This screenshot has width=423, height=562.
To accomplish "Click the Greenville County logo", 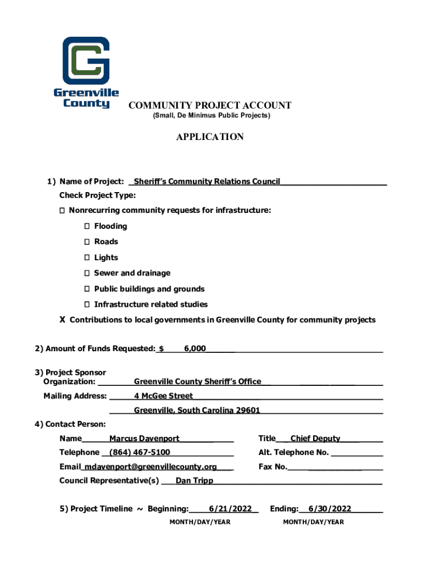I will (86, 71).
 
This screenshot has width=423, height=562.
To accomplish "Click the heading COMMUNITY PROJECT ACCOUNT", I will (210, 105).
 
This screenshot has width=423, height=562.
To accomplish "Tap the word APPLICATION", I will (210, 137).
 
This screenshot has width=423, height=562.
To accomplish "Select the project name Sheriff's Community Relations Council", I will (207, 182).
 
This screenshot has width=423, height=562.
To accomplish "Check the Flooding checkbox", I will (87, 226).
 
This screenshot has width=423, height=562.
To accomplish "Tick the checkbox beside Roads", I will (87, 242).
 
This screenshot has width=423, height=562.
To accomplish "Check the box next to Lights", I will (87, 258).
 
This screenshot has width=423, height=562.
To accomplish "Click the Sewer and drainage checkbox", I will (87, 273).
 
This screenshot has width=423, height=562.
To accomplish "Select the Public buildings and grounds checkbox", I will (87, 289).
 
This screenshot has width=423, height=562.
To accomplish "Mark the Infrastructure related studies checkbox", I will (87, 305).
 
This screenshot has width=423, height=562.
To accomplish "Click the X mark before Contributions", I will (63, 320).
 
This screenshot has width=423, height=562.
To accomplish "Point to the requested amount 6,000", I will (195, 349).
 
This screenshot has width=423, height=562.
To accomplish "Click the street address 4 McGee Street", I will (163, 396).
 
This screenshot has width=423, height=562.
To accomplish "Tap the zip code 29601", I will (248, 411).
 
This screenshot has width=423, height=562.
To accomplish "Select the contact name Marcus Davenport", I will (144, 439).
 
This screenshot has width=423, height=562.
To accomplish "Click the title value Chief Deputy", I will (315, 439).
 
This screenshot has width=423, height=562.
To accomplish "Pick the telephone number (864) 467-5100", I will (140, 453).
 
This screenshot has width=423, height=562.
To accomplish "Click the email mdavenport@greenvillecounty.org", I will (149, 467).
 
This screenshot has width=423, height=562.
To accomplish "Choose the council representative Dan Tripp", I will (194, 481).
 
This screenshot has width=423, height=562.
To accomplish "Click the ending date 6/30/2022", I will (330, 509).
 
